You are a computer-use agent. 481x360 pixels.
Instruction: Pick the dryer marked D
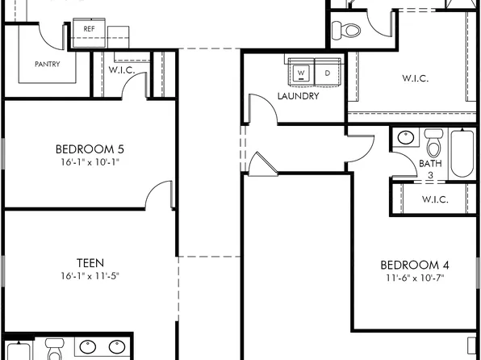[327, 73]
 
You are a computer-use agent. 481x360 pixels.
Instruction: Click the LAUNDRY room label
[298, 96]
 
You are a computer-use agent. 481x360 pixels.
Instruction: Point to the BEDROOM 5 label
[90, 149]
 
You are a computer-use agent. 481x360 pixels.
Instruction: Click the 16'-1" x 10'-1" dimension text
[90, 161]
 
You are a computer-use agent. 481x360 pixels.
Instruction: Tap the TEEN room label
[90, 262]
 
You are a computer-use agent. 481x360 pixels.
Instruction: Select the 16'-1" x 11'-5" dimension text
[90, 276]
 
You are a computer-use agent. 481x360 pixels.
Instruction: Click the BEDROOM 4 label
[415, 265]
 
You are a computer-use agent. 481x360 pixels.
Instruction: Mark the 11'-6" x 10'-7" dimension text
[415, 278]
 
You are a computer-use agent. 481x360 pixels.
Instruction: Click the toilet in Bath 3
[434, 145]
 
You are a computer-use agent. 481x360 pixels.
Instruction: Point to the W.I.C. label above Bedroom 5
[121, 69]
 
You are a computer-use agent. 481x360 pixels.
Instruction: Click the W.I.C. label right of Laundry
[415, 79]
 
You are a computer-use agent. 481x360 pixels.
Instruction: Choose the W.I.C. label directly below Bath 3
[437, 199]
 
